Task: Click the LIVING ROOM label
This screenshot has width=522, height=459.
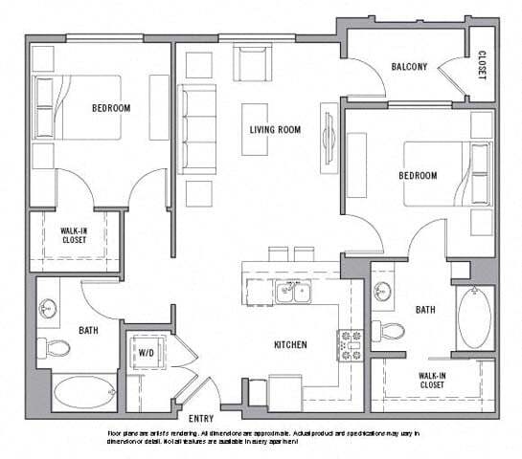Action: point(275,129)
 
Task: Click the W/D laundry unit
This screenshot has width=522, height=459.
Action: point(147,352)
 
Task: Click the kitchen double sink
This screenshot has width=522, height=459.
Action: point(292,293)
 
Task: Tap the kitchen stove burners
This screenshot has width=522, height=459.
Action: point(347,343)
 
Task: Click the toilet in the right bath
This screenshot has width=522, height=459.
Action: point(390,332)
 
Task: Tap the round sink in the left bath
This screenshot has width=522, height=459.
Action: point(48,309)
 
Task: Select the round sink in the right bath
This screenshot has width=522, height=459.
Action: point(383,292)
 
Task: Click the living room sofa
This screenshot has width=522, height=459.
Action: point(198,129)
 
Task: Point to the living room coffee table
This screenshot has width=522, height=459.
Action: point(255,128)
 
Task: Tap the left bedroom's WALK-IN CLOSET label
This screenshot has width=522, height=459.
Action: point(75,235)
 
